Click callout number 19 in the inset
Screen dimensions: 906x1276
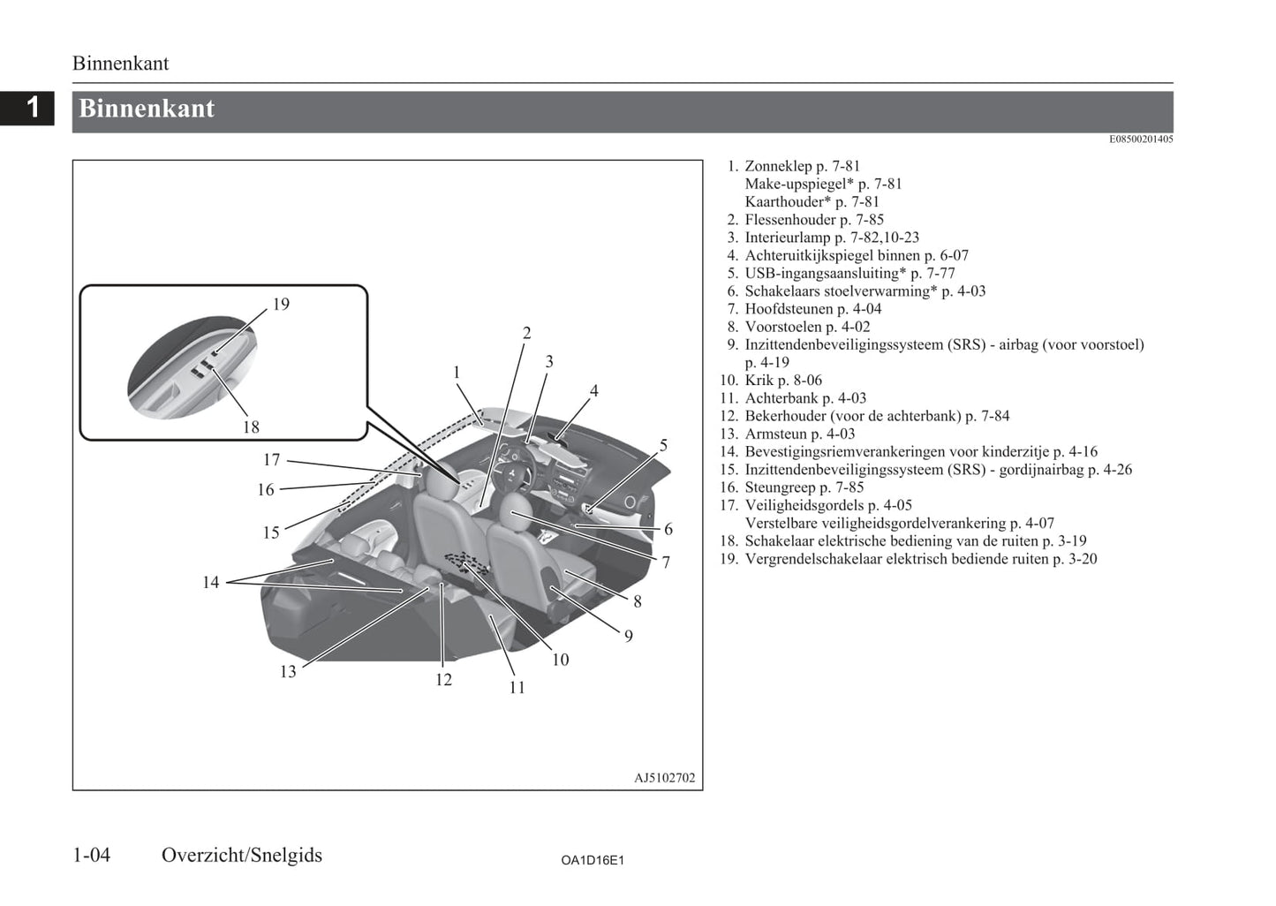tap(281, 305)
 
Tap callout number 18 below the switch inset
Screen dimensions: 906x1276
tap(251, 427)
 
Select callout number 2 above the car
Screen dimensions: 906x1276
tap(526, 334)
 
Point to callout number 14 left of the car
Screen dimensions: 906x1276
tap(210, 583)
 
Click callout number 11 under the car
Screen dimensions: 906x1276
tap(517, 688)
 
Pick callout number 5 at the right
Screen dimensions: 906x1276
tap(663, 446)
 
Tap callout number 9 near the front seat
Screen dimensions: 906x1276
tap(629, 637)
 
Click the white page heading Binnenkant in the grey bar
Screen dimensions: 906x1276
tap(147, 109)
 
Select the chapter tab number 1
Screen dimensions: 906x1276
tap(34, 108)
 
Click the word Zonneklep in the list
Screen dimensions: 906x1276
tap(778, 166)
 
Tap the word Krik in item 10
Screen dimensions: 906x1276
tap(759, 381)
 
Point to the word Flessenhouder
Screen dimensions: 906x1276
tap(790, 220)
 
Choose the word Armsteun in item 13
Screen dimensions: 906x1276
tap(775, 434)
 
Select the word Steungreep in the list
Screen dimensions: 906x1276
tap(780, 487)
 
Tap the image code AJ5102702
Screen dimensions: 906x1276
tap(664, 778)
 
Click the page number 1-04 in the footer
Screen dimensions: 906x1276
tap(92, 855)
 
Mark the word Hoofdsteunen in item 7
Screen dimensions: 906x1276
tap(789, 309)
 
